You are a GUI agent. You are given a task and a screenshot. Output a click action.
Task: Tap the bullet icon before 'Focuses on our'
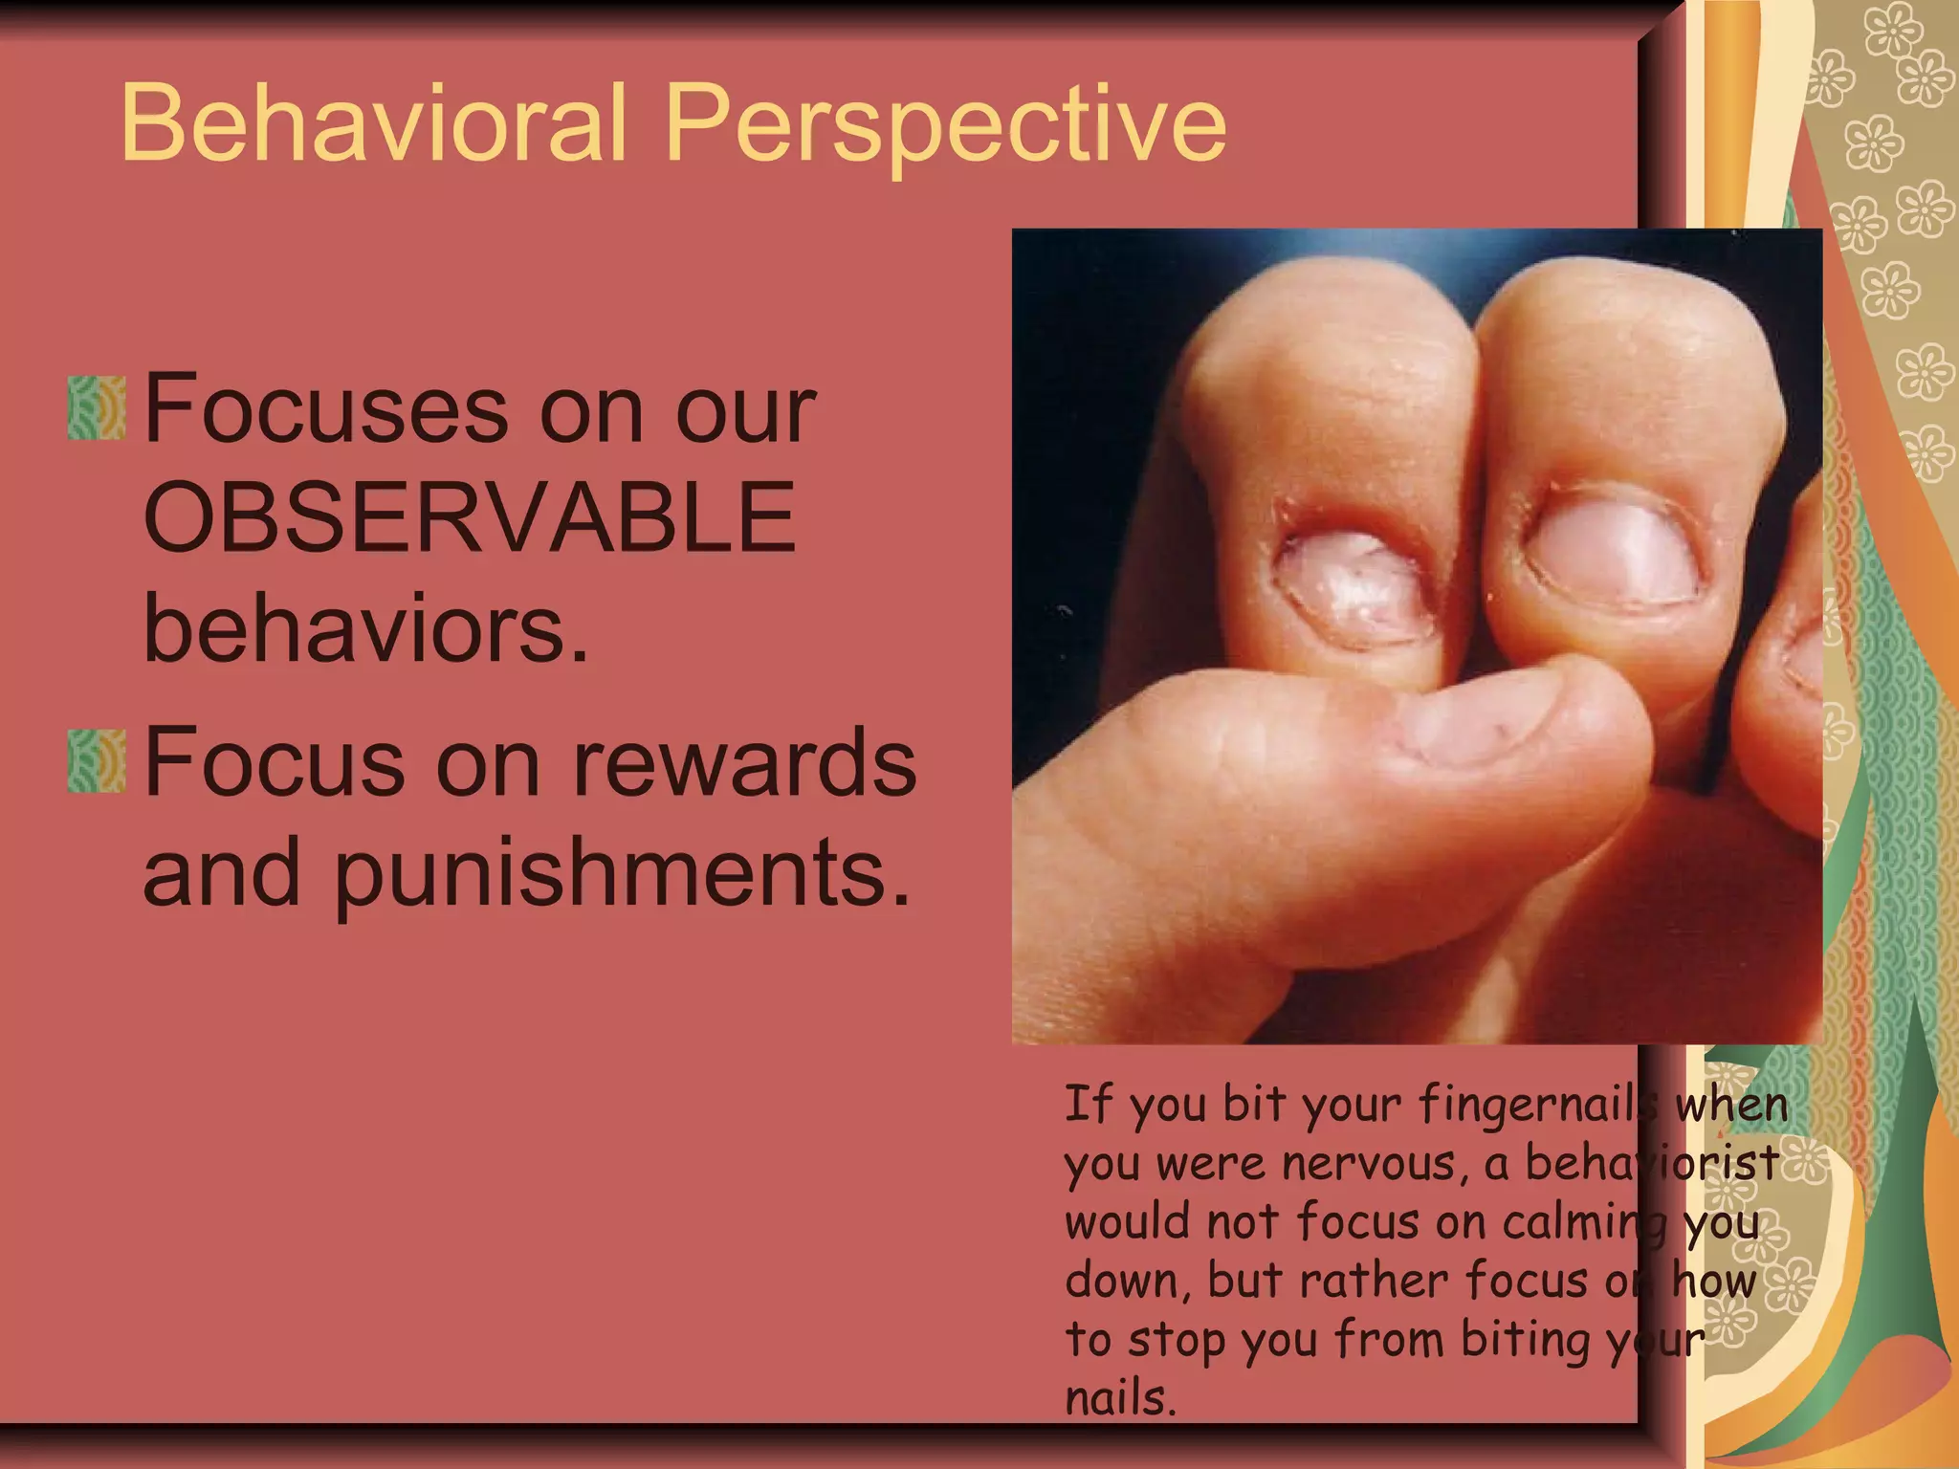tap(97, 408)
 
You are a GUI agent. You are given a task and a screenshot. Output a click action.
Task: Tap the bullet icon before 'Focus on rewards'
tap(97, 761)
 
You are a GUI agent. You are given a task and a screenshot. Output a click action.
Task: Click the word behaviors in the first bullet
tap(365, 628)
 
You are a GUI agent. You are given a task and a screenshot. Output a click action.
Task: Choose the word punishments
tap(622, 873)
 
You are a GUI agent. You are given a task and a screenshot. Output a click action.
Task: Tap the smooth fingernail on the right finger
tap(1617, 555)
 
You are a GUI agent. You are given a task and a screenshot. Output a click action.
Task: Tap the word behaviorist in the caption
tap(1652, 1164)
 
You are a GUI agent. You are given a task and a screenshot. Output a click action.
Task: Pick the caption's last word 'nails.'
tap(1119, 1399)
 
